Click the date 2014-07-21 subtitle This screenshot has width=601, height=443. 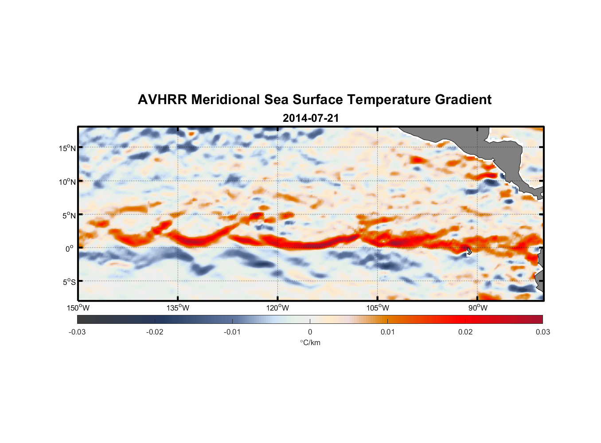pos(311,118)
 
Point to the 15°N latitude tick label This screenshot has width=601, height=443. pos(67,148)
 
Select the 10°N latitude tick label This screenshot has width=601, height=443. pos(67,182)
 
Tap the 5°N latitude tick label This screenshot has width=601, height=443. pos(69,215)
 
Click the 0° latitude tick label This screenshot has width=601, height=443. pos(70,249)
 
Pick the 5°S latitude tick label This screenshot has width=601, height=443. pos(69,282)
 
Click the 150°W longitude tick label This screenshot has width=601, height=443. pos(78,308)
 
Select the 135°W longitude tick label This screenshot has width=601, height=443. pos(178,308)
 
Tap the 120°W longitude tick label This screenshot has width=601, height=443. pos(277,308)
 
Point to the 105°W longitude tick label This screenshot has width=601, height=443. pos(378,308)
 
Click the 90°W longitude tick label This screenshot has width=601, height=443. pos(477,308)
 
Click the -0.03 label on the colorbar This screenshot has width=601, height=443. pos(77,332)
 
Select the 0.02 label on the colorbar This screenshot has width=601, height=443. pos(465,332)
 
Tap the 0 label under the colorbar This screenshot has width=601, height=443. pos(310,332)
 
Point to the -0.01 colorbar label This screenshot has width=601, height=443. pos(232,332)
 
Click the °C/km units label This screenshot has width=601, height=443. pos(310,342)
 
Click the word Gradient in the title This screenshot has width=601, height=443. pos(463,100)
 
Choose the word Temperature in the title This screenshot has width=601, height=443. pos(389,100)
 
